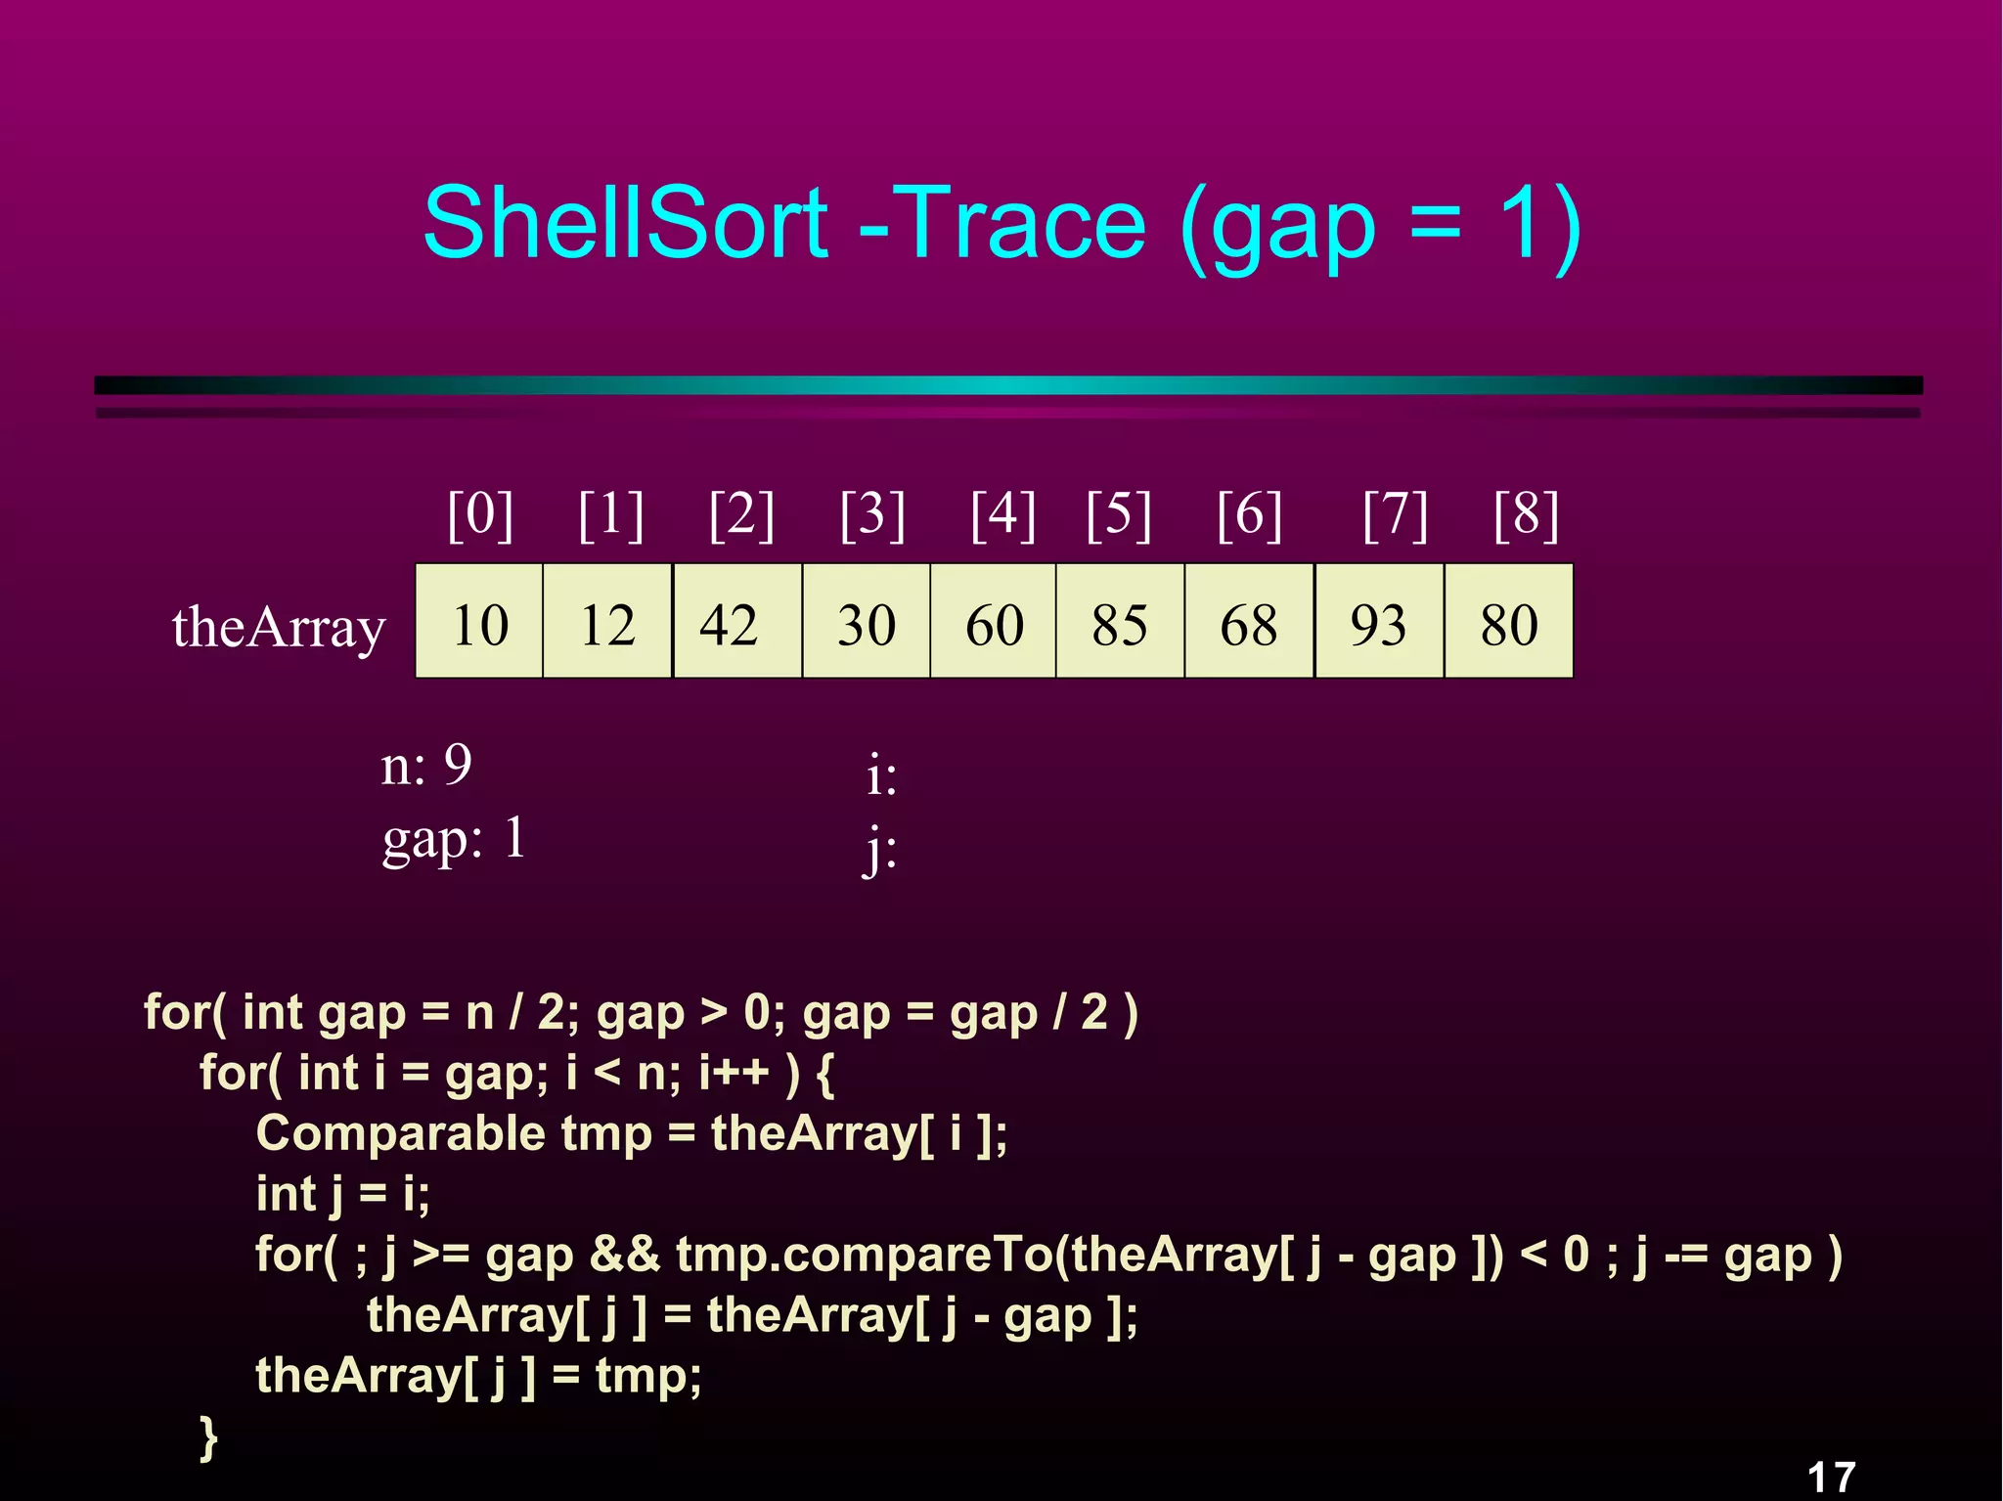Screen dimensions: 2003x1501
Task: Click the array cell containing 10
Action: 479,621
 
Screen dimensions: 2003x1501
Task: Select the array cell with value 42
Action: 737,621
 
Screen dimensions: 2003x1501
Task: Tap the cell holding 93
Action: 1379,621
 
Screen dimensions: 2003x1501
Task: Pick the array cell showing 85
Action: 1120,621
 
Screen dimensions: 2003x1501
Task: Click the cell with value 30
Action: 866,621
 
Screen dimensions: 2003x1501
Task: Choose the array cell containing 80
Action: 1509,621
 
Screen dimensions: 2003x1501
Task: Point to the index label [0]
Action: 480,514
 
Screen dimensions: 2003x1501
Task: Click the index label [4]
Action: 1002,514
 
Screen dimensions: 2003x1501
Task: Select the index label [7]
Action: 1396,514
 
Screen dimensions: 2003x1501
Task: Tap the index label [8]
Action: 1526,514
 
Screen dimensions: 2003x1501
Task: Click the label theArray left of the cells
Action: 279,629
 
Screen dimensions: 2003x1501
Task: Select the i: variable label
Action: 881,775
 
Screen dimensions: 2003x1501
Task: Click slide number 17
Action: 1831,1477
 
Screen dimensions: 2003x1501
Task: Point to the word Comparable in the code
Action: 400,1134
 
